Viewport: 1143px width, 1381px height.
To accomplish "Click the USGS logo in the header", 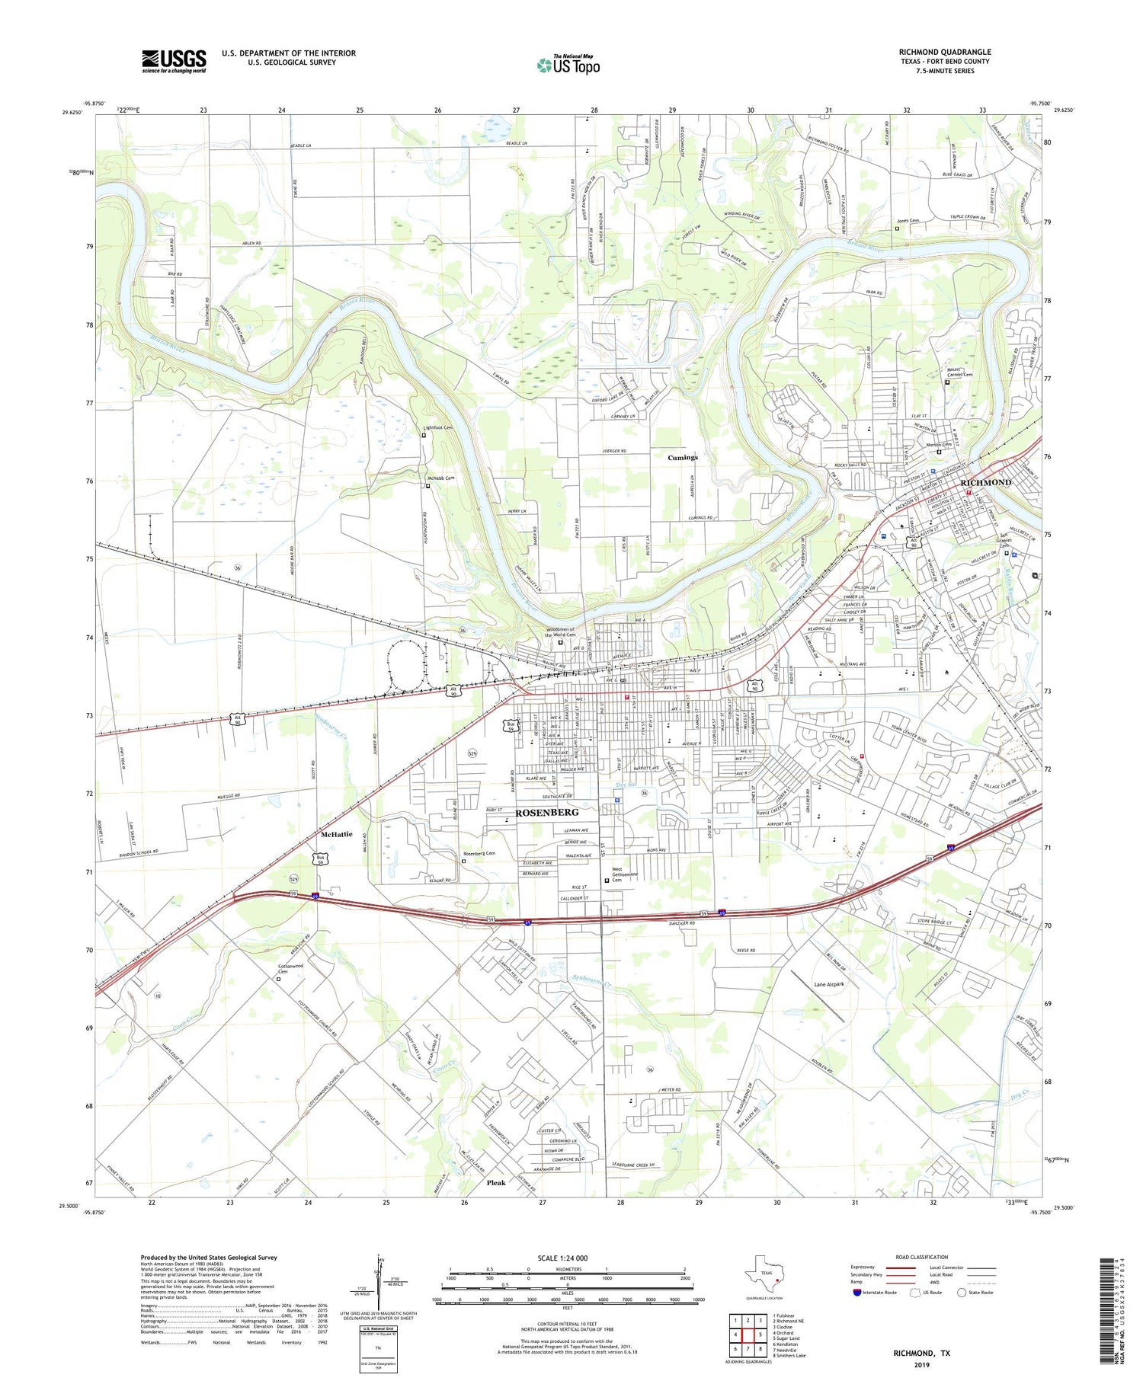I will [x=174, y=61].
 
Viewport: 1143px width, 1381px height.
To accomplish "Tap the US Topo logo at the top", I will [x=568, y=65].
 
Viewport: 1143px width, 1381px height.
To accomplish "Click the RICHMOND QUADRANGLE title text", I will [x=944, y=52].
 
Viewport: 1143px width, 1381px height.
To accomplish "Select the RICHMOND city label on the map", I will [x=985, y=482].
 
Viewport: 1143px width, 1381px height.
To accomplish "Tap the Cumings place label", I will [x=682, y=457].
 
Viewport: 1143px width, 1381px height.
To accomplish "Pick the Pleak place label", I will [x=495, y=1183].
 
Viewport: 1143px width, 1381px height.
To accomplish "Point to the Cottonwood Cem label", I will [x=290, y=969].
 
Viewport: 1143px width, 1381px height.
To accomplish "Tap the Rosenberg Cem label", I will [x=479, y=853].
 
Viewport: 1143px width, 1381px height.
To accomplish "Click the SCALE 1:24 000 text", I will [x=562, y=1258].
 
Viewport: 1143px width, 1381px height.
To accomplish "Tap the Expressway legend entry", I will [x=865, y=1268].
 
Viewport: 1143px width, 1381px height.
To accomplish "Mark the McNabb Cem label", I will [x=440, y=478].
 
